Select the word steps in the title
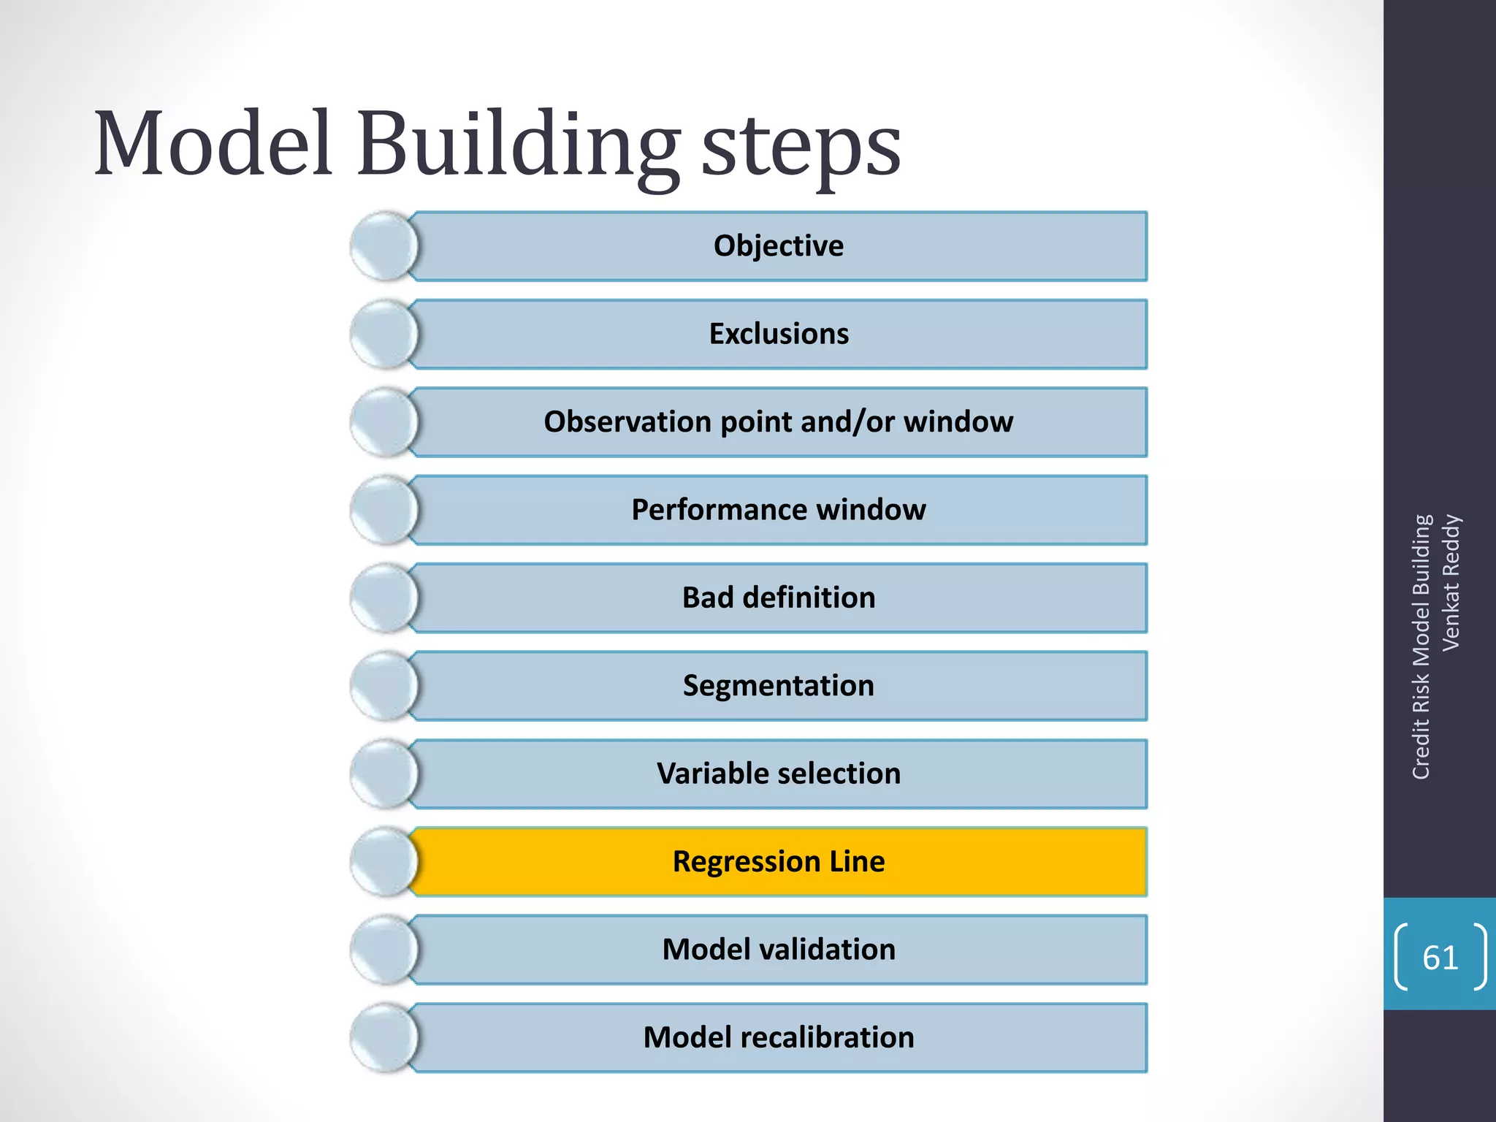click(801, 150)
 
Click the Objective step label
click(778, 246)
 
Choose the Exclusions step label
click(779, 334)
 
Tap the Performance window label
click(778, 510)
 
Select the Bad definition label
click(778, 598)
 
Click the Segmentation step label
click(778, 686)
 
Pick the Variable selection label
click(778, 774)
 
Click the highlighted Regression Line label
click(778, 862)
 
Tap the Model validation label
click(778, 950)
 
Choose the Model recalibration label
click(778, 1038)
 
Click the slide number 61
click(1440, 958)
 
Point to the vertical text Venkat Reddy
click(1451, 582)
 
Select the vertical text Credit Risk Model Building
click(1421, 647)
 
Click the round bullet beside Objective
click(383, 246)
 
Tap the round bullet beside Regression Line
click(383, 862)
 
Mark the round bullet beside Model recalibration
click(383, 1038)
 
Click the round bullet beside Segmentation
click(383, 686)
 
